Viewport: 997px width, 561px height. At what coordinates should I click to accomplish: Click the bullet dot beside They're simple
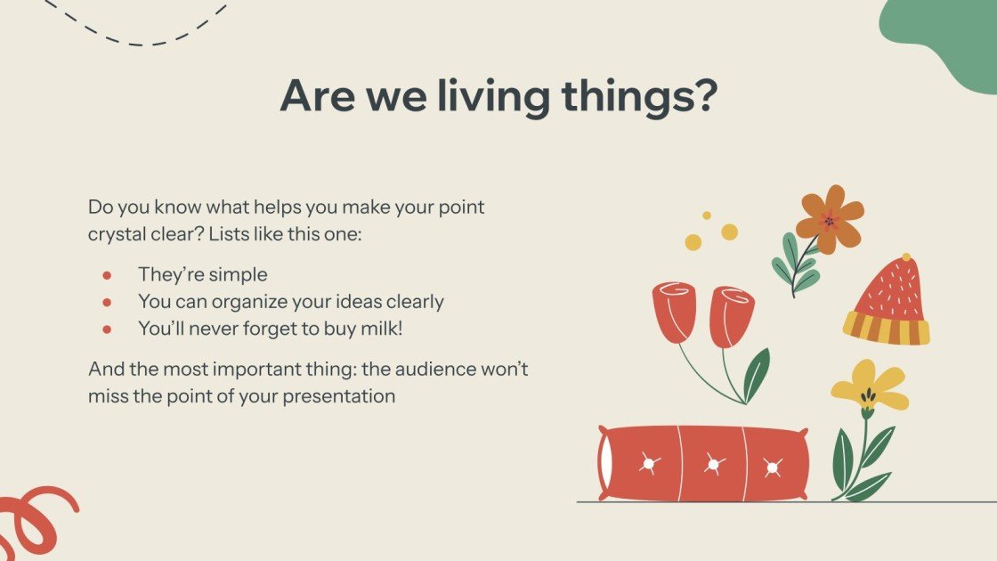[108, 275]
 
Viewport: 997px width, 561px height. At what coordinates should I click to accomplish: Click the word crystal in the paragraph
[118, 236]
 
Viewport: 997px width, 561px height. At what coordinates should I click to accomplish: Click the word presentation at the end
[339, 395]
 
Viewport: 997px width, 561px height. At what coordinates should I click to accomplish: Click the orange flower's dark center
[830, 221]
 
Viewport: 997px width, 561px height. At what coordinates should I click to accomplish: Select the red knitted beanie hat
[887, 298]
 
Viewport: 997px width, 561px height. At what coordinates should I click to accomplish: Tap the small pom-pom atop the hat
[906, 257]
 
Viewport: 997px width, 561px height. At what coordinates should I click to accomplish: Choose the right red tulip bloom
[732, 315]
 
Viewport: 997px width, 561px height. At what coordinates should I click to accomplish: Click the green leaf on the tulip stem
[757, 375]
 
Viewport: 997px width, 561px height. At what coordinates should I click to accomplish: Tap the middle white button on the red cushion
[711, 464]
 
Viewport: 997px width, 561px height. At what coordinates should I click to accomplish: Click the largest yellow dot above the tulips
[729, 232]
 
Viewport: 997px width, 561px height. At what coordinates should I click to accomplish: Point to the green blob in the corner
[948, 40]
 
